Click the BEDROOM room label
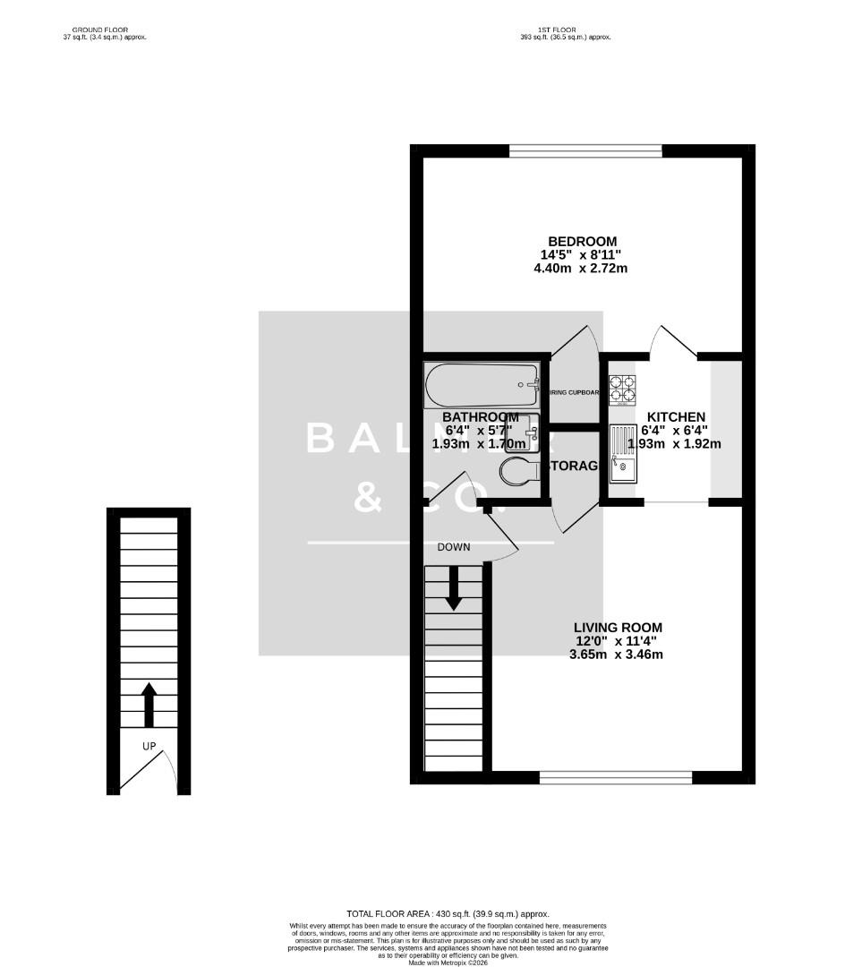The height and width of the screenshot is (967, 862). click(583, 242)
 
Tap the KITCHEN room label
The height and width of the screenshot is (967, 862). click(676, 417)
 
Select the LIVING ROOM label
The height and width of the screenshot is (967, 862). click(618, 628)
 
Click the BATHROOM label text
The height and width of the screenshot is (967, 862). click(481, 417)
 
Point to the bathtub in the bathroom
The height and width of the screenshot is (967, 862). click(482, 385)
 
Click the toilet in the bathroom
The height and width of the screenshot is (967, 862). click(518, 472)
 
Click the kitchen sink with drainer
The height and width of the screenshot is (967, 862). click(623, 454)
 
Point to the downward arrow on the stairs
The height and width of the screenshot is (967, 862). click(454, 588)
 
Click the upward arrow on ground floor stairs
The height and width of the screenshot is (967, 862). click(149, 705)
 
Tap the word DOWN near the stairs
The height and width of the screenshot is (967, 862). click(454, 547)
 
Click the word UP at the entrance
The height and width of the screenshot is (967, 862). click(149, 746)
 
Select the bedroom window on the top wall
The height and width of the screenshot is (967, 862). click(585, 150)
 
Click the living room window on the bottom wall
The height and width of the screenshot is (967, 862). click(616, 777)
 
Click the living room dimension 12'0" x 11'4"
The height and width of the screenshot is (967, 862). click(618, 641)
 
